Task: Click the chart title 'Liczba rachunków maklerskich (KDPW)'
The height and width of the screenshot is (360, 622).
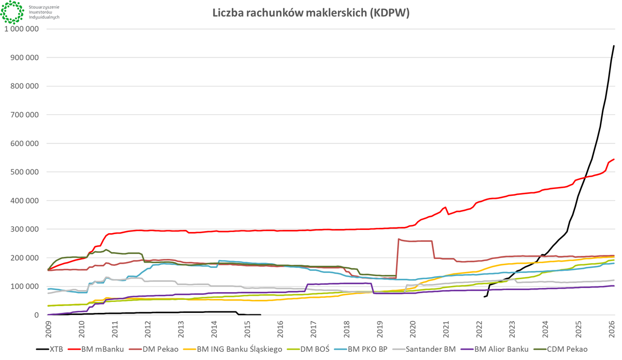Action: (x=311, y=13)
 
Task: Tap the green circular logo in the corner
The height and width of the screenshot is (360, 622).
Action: (x=12, y=12)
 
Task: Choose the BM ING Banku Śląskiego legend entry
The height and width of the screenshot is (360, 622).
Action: (x=239, y=349)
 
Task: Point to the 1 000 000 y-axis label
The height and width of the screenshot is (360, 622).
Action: (x=22, y=29)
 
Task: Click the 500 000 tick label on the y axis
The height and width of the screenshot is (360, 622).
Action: (x=25, y=172)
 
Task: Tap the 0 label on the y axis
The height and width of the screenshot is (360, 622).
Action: (x=37, y=315)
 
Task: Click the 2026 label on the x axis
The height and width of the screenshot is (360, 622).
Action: (x=612, y=328)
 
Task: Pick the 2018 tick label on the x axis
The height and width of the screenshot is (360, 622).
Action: (x=347, y=328)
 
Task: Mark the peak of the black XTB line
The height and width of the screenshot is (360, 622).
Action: (x=614, y=46)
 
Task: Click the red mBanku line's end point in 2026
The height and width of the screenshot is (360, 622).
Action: (x=614, y=159)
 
